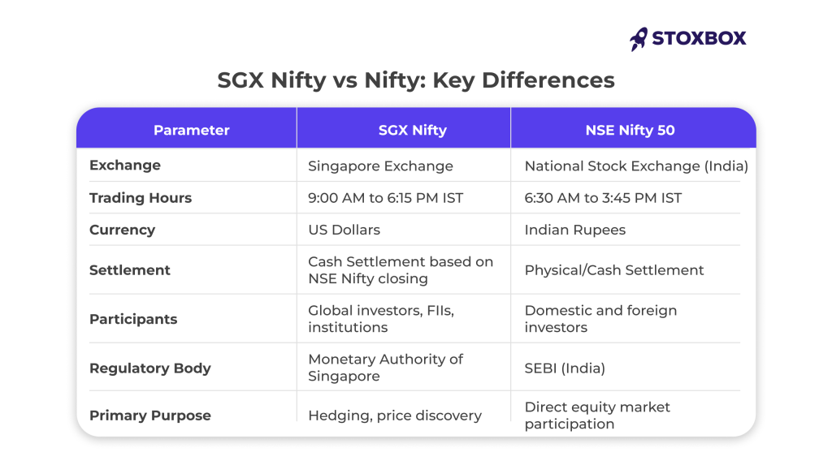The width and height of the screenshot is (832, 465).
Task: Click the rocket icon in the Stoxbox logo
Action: click(639, 39)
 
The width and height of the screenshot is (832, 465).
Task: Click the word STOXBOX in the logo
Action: click(699, 38)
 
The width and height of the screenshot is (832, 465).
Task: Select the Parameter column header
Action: click(192, 130)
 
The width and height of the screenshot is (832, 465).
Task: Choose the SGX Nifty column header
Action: click(412, 131)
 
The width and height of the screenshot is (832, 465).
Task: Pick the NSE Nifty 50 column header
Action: click(630, 131)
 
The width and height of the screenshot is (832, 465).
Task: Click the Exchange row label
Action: click(124, 166)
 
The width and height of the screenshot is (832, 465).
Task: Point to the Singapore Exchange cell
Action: click(380, 166)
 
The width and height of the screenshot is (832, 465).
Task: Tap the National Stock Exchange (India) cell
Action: click(636, 166)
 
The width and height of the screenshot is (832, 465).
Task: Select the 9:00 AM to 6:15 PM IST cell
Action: click(386, 198)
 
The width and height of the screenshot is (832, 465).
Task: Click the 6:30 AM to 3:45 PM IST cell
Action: click(603, 198)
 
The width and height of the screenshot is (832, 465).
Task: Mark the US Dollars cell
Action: click(344, 230)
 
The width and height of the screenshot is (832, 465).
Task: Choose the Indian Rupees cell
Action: click(575, 230)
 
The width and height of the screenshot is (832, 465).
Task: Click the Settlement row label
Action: click(129, 270)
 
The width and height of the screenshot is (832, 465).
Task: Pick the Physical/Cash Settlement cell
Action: click(614, 270)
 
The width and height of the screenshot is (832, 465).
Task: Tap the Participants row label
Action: click(133, 319)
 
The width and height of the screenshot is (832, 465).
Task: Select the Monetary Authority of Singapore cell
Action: click(386, 368)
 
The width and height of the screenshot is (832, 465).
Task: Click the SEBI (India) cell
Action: click(565, 368)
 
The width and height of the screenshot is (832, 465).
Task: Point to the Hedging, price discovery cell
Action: click(395, 415)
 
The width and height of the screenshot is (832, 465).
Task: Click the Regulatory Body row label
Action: click(150, 368)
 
